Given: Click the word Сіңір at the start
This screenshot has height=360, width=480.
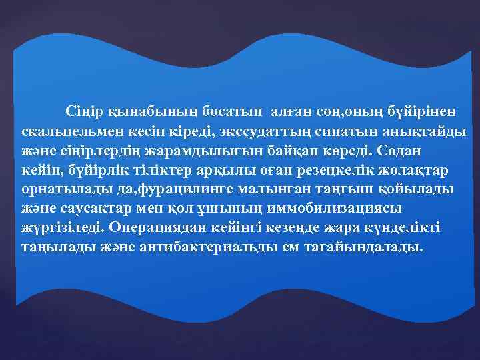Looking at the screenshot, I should tap(83, 109).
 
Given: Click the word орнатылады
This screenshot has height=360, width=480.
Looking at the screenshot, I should tap(57, 189).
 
